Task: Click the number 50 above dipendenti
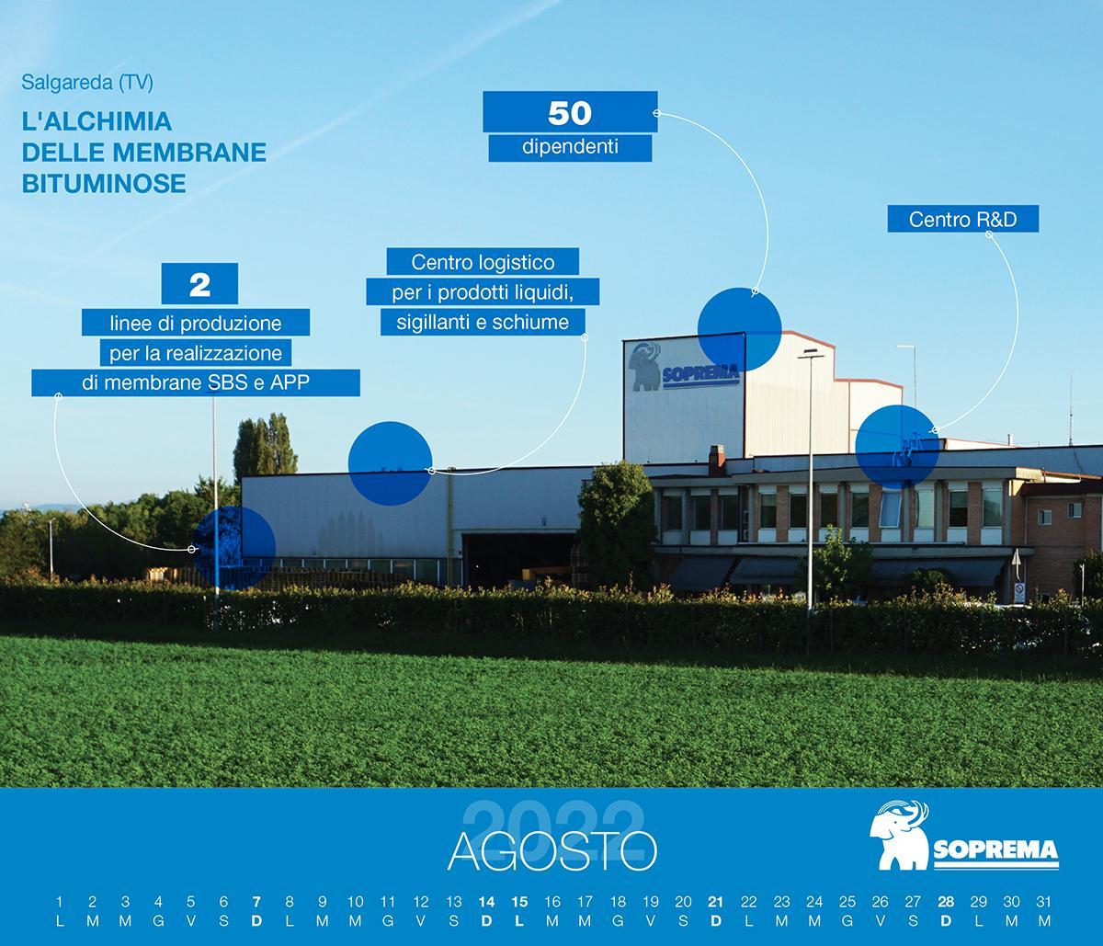pyautogui.click(x=569, y=113)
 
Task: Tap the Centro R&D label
pyautogui.click(x=962, y=219)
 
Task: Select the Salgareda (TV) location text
pyautogui.click(x=87, y=83)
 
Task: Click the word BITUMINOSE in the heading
pyautogui.click(x=104, y=183)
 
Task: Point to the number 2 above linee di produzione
pyautogui.click(x=199, y=285)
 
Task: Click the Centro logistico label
pyautogui.click(x=483, y=262)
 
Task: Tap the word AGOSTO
pyautogui.click(x=551, y=851)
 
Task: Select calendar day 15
pyautogui.click(x=519, y=902)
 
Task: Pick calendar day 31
pyautogui.click(x=1044, y=902)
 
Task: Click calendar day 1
pyautogui.click(x=59, y=902)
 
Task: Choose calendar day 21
pyautogui.click(x=716, y=902)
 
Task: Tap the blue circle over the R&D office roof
pyautogui.click(x=897, y=447)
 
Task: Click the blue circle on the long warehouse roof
pyautogui.click(x=390, y=463)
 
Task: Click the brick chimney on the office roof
pyautogui.click(x=717, y=461)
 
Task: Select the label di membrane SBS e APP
pyautogui.click(x=196, y=382)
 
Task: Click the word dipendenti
pyautogui.click(x=570, y=147)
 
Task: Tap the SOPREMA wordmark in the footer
pyautogui.click(x=995, y=850)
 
